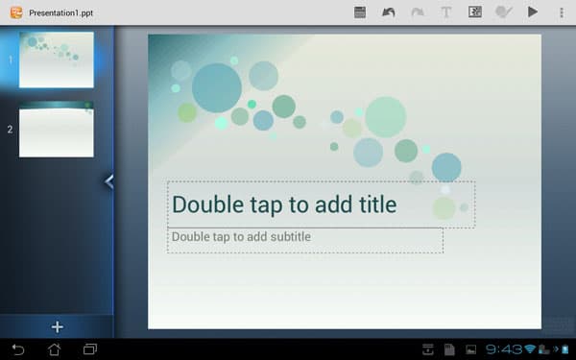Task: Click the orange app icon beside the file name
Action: click(x=14, y=13)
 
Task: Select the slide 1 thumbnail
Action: click(x=57, y=60)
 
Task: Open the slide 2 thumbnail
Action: click(x=57, y=130)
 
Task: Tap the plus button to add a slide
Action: click(x=56, y=326)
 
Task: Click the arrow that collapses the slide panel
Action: click(x=109, y=180)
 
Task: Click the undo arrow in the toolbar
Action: click(x=388, y=12)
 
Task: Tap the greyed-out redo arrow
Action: click(x=417, y=12)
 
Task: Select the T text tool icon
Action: click(x=445, y=12)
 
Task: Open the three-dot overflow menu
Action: click(x=561, y=12)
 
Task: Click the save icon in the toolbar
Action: click(x=360, y=12)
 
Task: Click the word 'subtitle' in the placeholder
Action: click(x=284, y=236)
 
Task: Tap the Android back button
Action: click(x=17, y=348)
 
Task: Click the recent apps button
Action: click(x=91, y=348)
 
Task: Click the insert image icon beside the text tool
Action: click(x=474, y=12)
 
